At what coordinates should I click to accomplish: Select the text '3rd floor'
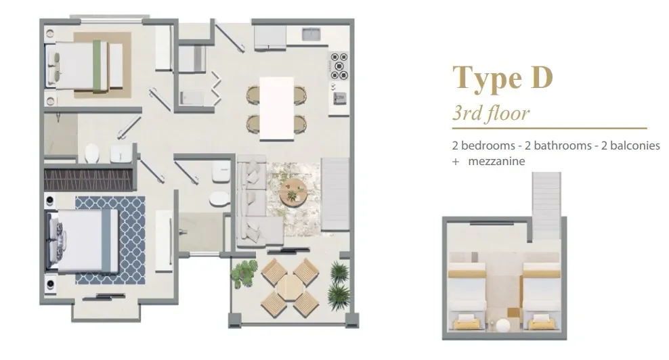click(x=490, y=112)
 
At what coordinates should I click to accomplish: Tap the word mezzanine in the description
click(x=496, y=161)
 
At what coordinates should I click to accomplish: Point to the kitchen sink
click(x=311, y=35)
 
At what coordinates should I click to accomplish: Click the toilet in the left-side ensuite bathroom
click(x=93, y=154)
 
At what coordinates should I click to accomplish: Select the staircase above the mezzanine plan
click(x=547, y=196)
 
